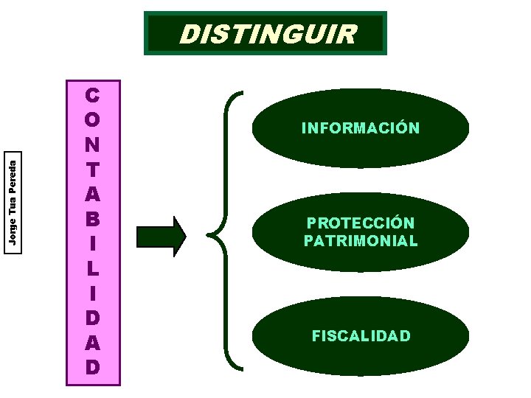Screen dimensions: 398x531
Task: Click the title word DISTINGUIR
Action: coord(268,34)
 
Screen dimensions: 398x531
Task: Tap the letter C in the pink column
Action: coord(93,96)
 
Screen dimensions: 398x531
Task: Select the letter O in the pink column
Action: coord(93,120)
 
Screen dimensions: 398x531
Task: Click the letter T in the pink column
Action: coord(93,170)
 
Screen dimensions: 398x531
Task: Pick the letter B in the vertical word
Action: coord(93,219)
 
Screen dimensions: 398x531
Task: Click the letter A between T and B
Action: coord(93,195)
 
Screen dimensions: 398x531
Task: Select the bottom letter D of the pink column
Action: coord(93,366)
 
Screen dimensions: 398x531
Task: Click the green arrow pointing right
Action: coord(162,237)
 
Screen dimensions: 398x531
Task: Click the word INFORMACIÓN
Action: coord(361,128)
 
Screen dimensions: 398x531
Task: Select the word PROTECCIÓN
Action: coord(361,223)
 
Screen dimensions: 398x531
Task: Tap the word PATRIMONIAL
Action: coord(361,241)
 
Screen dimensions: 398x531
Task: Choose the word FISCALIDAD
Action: coord(361,336)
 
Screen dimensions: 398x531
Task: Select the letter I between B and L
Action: coord(93,243)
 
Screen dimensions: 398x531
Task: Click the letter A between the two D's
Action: coord(93,342)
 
